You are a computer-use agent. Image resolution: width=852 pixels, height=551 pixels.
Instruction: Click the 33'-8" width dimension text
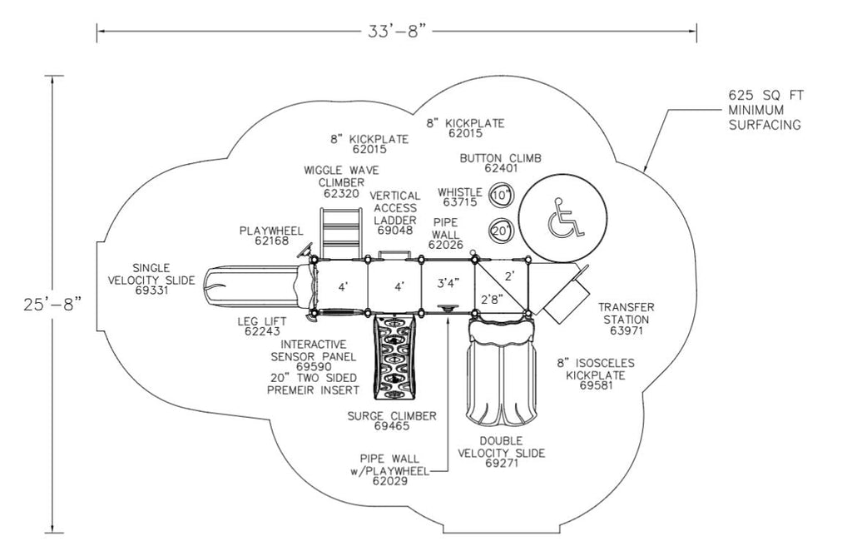(x=398, y=32)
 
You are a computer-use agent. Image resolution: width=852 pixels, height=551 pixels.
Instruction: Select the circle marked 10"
(x=501, y=196)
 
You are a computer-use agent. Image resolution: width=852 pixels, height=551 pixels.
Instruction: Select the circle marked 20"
(x=501, y=231)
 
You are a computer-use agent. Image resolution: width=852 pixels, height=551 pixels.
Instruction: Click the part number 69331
(x=151, y=290)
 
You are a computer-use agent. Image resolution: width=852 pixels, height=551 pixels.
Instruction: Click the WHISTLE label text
(x=459, y=192)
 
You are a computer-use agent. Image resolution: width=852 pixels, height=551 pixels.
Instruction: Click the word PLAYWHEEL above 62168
(x=265, y=230)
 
